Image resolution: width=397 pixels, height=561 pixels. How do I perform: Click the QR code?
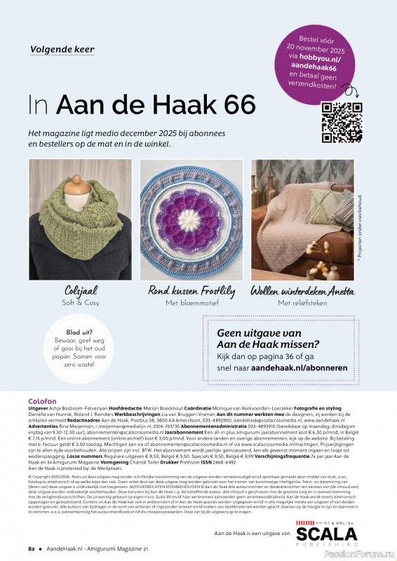click(x=342, y=122)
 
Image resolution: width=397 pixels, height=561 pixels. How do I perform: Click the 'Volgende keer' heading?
click(x=62, y=50)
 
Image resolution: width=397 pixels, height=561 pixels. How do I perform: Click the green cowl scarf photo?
click(x=79, y=219)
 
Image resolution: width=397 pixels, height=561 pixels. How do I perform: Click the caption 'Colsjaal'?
click(x=79, y=291)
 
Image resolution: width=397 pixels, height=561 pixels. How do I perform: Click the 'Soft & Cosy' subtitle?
click(x=79, y=303)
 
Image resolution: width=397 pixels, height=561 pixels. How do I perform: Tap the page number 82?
click(x=32, y=548)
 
